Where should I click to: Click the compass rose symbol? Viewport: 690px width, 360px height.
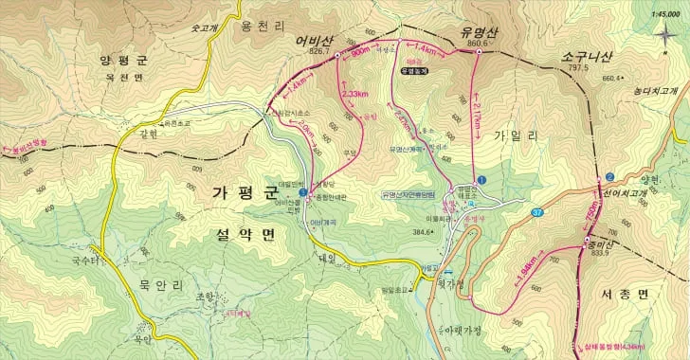click(663, 35)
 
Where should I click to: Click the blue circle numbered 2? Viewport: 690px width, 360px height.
click(611, 177)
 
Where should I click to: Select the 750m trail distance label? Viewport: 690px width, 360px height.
click(592, 220)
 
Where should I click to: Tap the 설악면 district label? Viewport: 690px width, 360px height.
click(237, 230)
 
